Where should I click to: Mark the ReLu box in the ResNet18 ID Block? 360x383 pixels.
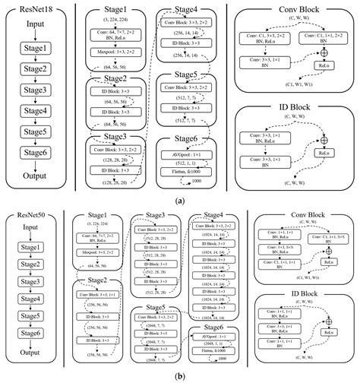point(324,153)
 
